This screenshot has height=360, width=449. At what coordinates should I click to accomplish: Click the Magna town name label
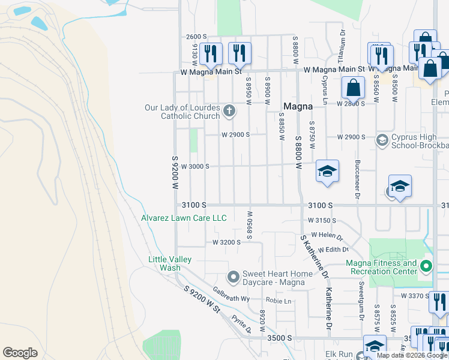pyautogui.click(x=298, y=106)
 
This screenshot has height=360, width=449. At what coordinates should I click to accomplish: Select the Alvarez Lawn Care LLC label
pyautogui.click(x=184, y=218)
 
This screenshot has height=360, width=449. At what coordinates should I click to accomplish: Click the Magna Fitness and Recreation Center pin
pyautogui.click(x=426, y=266)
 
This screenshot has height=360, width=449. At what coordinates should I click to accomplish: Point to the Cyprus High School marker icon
pyautogui.click(x=382, y=140)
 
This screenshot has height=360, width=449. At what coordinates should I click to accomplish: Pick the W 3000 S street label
pyautogui.click(x=194, y=166)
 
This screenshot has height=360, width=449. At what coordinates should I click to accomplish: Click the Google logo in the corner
pyautogui.click(x=20, y=353)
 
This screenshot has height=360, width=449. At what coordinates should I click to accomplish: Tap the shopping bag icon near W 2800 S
pyautogui.click(x=354, y=88)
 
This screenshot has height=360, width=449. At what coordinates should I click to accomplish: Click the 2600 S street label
pyautogui.click(x=196, y=37)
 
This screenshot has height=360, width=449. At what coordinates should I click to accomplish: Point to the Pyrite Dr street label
pyautogui.click(x=243, y=324)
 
